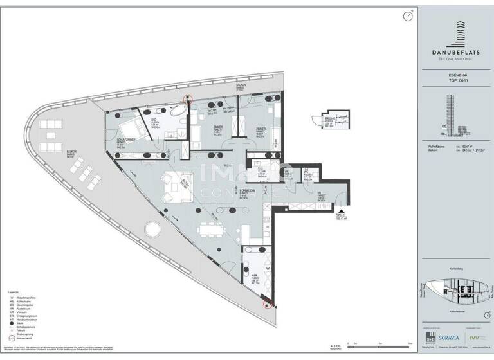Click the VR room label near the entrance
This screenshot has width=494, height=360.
(x=320, y=194)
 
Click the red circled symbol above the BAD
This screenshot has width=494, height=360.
(x=188, y=98)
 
